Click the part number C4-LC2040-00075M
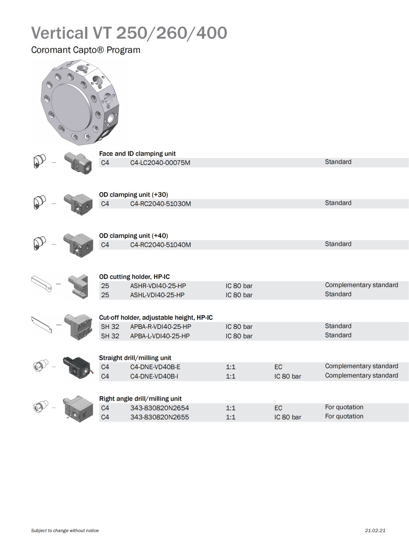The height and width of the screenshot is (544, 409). tap(160, 163)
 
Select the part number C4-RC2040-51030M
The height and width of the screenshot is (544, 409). tap(161, 204)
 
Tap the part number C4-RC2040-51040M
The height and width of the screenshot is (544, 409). tap(161, 245)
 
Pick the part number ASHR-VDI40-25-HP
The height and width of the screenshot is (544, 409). tap(158, 286)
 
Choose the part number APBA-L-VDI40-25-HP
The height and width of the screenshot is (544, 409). tap(160, 336)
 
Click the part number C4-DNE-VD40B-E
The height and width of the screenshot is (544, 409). tap(155, 367)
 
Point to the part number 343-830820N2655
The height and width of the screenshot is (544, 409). tap(160, 417)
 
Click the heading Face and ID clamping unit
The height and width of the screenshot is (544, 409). tap(137, 154)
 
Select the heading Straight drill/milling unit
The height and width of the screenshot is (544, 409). tap(135, 358)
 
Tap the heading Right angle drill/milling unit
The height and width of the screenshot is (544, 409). tap(140, 398)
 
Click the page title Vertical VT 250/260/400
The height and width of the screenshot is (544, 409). tap(129, 33)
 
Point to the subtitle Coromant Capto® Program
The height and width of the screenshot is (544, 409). tap(86, 50)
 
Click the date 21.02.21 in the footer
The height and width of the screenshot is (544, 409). tap(375, 530)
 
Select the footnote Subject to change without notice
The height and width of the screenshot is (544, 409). tap(65, 530)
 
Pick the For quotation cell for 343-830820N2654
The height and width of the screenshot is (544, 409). tap(344, 407)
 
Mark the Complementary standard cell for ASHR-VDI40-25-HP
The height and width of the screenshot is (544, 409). tap(361, 285)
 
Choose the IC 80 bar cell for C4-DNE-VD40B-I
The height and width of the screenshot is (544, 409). tap(288, 376)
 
